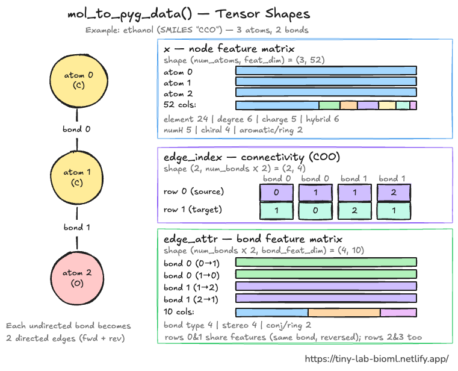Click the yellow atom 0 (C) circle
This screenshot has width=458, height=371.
click(79, 80)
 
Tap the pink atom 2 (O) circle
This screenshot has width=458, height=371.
click(77, 278)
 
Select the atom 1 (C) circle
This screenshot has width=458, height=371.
click(77, 178)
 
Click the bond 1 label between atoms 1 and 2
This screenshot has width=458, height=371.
click(77, 227)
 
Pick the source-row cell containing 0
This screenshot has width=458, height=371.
click(276, 192)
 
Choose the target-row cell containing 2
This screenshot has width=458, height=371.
click(354, 211)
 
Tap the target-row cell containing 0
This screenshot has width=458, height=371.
click(315, 211)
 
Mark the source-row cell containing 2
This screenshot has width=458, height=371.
click(394, 192)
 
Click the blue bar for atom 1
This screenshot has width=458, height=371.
click(326, 81)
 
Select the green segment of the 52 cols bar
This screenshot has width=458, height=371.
click(329, 105)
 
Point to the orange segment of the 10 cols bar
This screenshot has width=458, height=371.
click(344, 313)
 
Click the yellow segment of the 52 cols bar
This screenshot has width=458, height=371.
click(387, 105)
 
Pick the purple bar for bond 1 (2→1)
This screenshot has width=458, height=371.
click(326, 298)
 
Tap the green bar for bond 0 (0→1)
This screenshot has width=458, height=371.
click(326, 262)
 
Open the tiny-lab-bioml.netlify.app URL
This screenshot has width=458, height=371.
click(377, 359)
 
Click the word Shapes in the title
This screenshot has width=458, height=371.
click(288, 14)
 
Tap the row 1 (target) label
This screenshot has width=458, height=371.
click(193, 210)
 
